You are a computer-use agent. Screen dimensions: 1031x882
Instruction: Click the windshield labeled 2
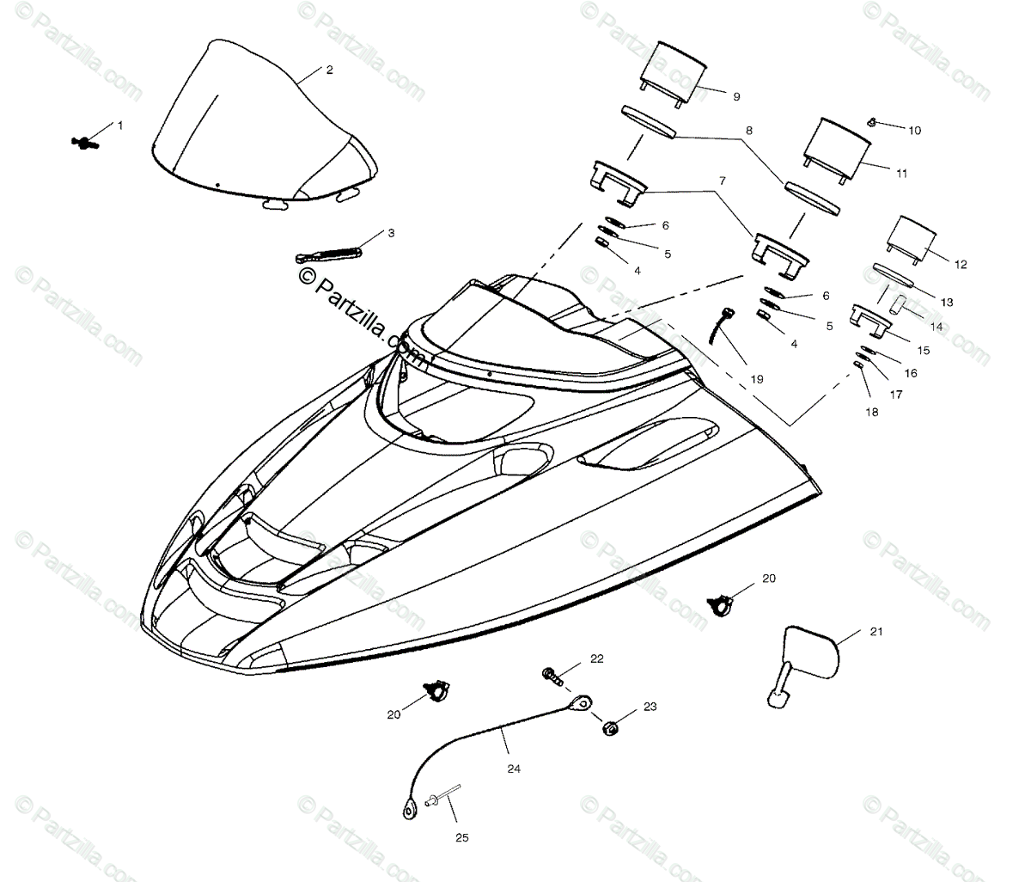tap(258, 129)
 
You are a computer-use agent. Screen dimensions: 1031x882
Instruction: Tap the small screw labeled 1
tap(85, 141)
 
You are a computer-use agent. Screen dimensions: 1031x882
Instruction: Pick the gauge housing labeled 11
tap(834, 148)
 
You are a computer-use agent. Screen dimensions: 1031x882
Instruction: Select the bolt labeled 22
tap(552, 677)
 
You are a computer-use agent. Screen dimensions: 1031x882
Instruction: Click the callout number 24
tap(513, 769)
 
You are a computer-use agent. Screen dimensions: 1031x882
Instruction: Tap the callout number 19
tap(755, 378)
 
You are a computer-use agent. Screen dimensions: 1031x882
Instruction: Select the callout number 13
tap(947, 303)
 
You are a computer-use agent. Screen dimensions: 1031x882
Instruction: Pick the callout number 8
tap(748, 132)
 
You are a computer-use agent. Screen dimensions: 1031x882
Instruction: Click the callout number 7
tap(722, 181)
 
